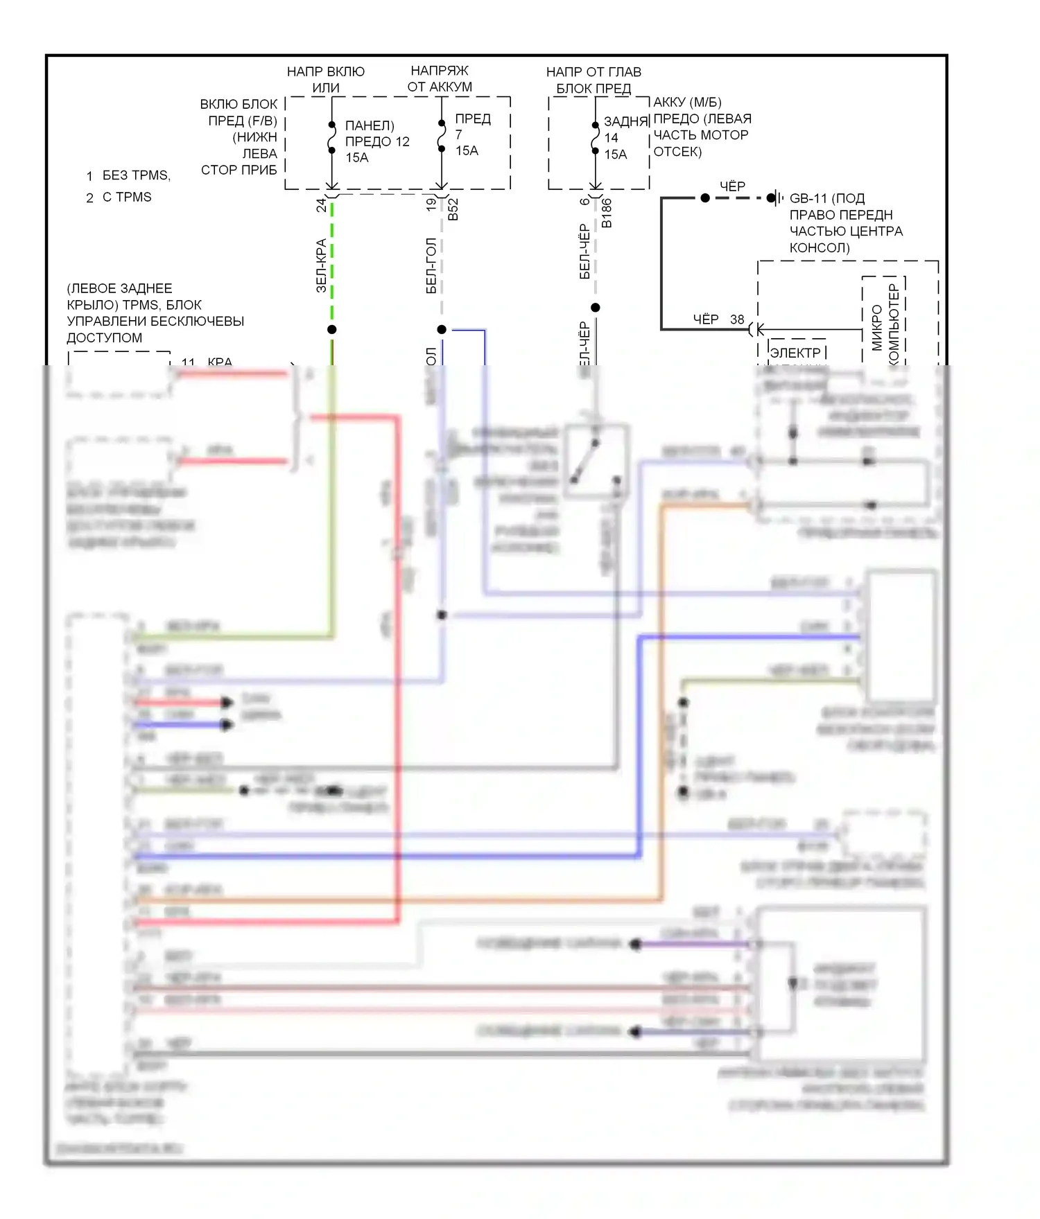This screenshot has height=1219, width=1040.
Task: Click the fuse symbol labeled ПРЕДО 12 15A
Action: pyautogui.click(x=332, y=139)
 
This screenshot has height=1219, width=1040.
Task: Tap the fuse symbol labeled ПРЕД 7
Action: pyautogui.click(x=442, y=136)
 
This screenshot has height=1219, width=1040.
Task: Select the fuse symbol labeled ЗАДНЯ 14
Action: pyautogui.click(x=595, y=137)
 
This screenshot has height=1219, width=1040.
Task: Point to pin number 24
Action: pyautogui.click(x=321, y=205)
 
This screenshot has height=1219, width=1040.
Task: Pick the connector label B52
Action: pyautogui.click(x=453, y=209)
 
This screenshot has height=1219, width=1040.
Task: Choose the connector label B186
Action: pyautogui.click(x=607, y=213)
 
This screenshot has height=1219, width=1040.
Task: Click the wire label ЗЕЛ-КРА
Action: pyautogui.click(x=321, y=265)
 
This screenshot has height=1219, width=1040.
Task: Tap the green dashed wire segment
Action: pyautogui.click(x=332, y=263)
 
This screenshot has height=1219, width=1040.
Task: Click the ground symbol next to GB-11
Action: pyautogui.click(x=775, y=198)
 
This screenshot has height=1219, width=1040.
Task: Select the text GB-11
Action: pyautogui.click(x=808, y=198)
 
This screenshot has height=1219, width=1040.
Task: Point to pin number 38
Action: pyautogui.click(x=737, y=319)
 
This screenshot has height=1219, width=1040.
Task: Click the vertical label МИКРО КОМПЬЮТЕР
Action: pyautogui.click(x=885, y=322)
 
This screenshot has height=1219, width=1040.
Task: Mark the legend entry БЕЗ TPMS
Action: pyautogui.click(x=136, y=175)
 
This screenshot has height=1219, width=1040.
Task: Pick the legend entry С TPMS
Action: pyautogui.click(x=127, y=197)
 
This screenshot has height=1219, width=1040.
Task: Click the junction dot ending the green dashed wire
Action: pyautogui.click(x=332, y=329)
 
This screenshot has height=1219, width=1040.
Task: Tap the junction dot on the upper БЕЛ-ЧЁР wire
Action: pyautogui.click(x=595, y=307)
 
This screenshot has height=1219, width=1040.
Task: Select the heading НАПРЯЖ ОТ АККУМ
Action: pyautogui.click(x=440, y=78)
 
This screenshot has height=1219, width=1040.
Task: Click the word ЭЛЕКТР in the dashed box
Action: pyautogui.click(x=795, y=353)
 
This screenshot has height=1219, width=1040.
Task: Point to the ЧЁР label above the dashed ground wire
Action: pyautogui.click(x=732, y=186)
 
